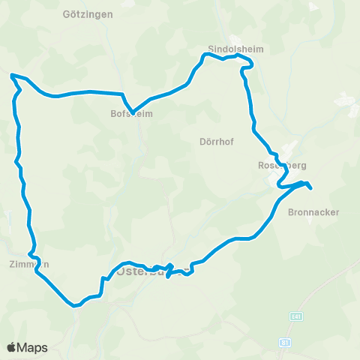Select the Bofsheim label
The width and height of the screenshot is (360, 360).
132,115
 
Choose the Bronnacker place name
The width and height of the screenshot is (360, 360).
313,212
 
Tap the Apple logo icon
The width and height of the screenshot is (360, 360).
12,347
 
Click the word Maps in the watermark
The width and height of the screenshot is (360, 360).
34,347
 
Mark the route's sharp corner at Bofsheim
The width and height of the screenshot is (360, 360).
132,112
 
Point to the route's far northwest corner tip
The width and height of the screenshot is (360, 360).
11,75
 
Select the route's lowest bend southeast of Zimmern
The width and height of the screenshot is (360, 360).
74,305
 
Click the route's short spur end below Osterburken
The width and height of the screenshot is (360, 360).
166,275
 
